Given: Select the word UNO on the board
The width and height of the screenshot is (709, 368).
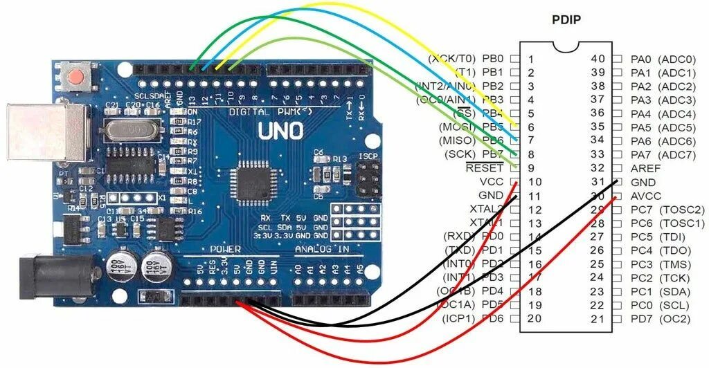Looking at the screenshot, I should point(280,131).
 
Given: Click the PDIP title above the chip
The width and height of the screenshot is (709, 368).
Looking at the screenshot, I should point(566,19).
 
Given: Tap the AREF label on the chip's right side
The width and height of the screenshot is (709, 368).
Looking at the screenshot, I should point(645,168).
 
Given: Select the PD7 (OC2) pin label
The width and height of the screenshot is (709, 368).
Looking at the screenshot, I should point(661,318).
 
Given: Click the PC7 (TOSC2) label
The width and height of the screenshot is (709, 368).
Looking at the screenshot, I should point(667,209).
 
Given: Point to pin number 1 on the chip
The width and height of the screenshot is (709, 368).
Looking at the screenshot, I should point(530,59).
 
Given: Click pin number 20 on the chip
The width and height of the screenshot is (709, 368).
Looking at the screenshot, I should point(533,318).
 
